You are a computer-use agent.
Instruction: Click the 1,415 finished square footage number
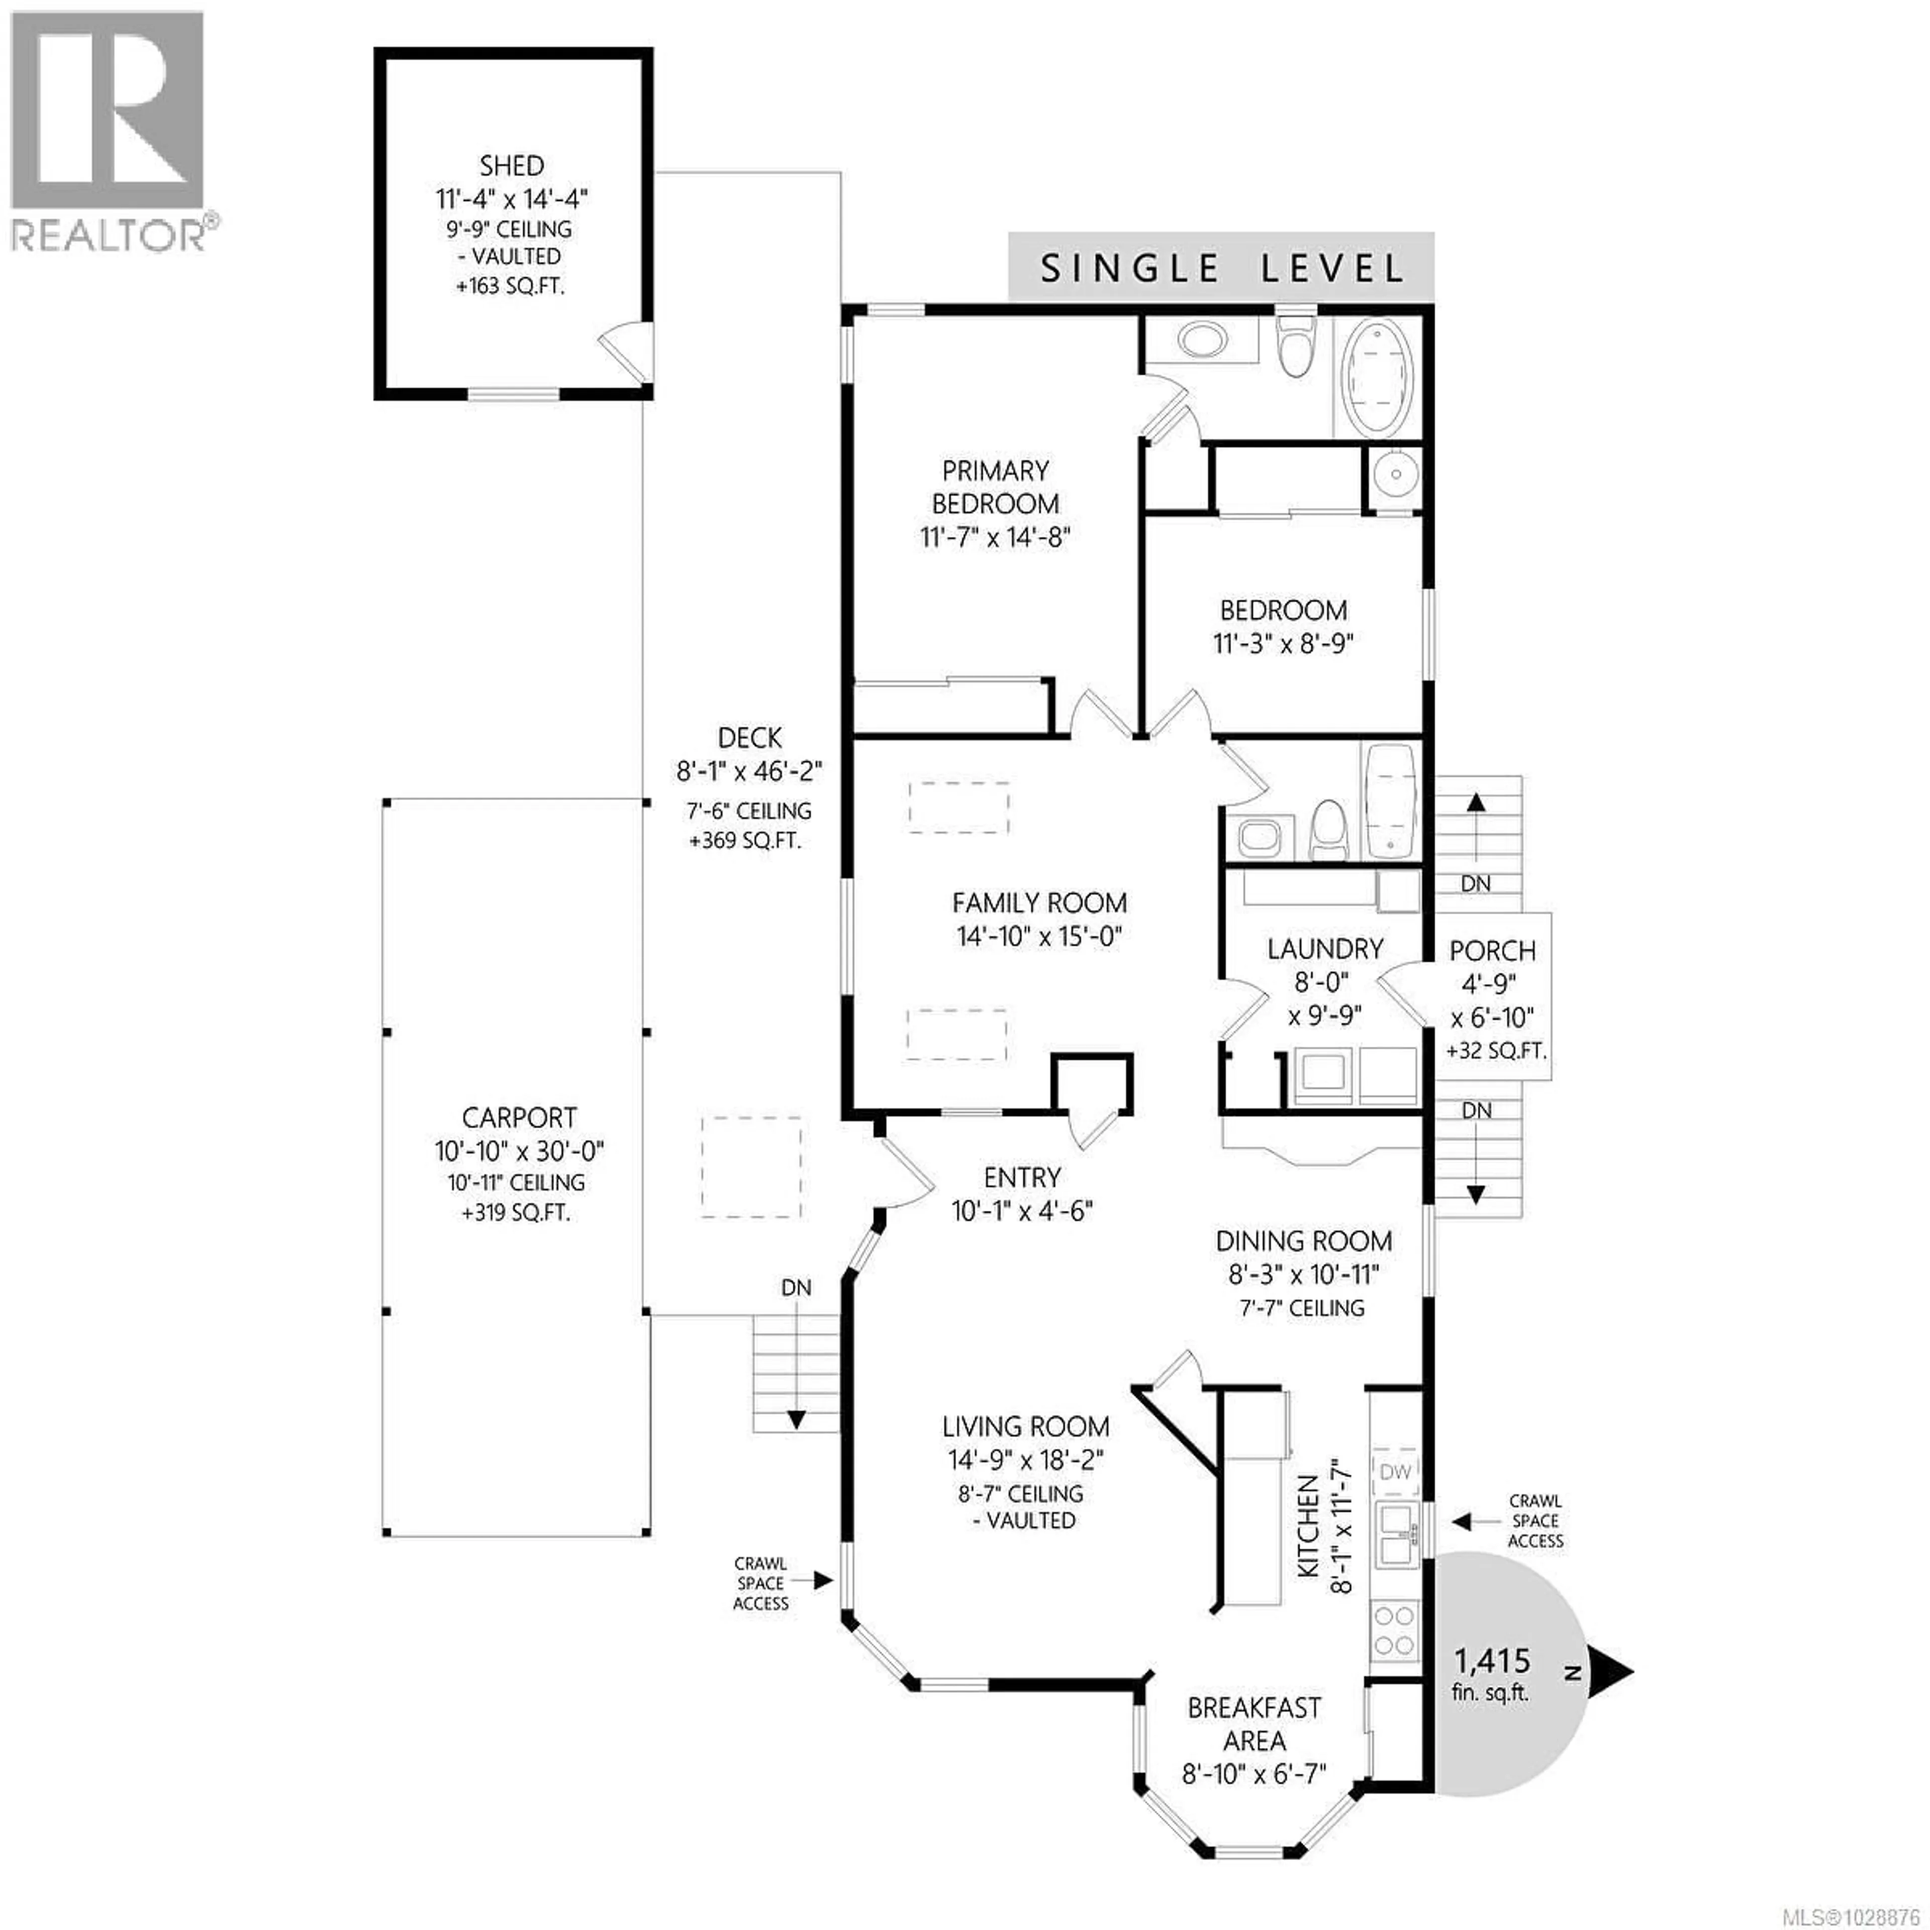point(1491,1660)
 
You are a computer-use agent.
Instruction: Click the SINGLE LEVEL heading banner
point(1221,268)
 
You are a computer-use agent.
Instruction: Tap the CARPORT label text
point(519,1118)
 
